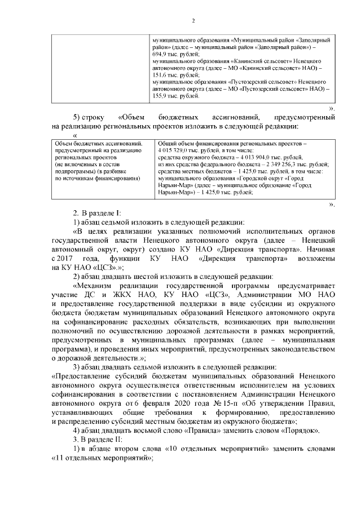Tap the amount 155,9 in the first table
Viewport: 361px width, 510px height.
tap(161, 96)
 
